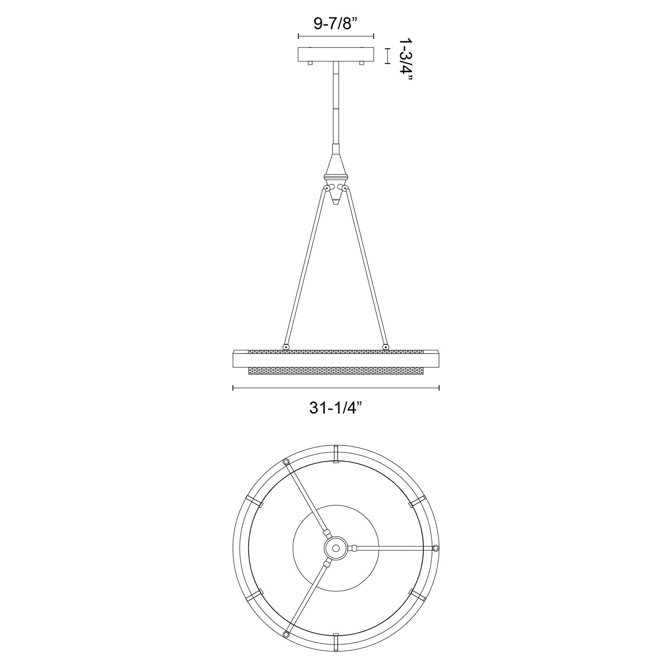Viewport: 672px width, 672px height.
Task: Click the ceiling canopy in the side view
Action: (x=336, y=54)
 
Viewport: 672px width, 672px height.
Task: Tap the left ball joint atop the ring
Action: (x=285, y=346)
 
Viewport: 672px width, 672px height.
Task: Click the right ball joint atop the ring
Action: (x=386, y=346)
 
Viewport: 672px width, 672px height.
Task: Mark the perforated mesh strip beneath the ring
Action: (x=336, y=371)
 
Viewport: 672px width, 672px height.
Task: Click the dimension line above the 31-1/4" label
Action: (x=336, y=388)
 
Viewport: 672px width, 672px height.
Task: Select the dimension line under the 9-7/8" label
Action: (x=336, y=36)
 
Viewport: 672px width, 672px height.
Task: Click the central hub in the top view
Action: (x=336, y=547)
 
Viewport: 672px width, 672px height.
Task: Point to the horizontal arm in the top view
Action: (x=394, y=547)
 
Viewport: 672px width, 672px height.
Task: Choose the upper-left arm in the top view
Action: (x=307, y=497)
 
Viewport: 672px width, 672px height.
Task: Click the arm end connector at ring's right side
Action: (x=435, y=547)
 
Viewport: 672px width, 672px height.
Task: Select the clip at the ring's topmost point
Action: (x=336, y=455)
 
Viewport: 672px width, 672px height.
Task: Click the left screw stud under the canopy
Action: (x=310, y=64)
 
